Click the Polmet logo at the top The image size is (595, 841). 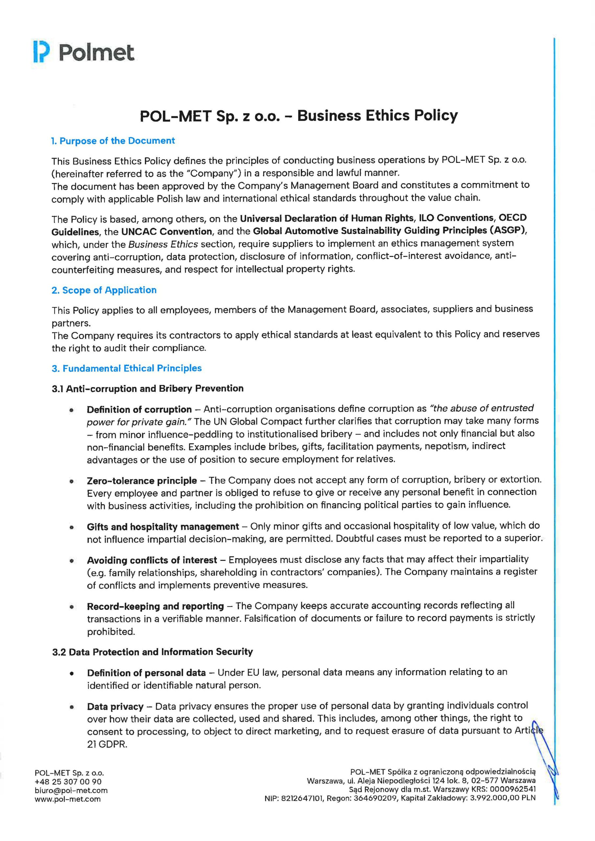click(x=84, y=52)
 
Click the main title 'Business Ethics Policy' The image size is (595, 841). click(x=378, y=116)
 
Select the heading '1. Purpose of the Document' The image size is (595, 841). click(x=113, y=141)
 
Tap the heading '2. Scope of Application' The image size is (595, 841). click(x=104, y=290)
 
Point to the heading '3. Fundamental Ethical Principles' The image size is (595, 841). click(x=127, y=368)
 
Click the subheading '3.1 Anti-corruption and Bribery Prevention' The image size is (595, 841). click(x=148, y=388)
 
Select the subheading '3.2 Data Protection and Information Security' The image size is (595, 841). click(x=152, y=652)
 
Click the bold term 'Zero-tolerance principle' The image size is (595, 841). click(x=142, y=481)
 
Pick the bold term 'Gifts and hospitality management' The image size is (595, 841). click(x=163, y=527)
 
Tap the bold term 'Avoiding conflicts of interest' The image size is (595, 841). click(x=152, y=560)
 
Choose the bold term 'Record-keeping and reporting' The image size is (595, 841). click(x=155, y=606)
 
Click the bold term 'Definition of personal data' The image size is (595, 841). click(x=146, y=672)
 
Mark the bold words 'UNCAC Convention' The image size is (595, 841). click(x=167, y=232)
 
